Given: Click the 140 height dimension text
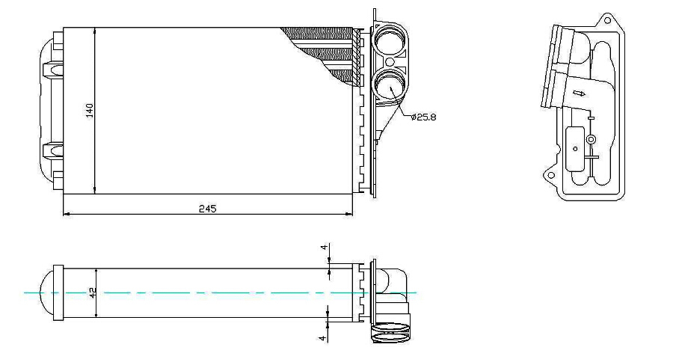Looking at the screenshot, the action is coord(90,111).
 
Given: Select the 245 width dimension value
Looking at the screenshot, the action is coord(207,209).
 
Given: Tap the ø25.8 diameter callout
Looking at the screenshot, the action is coord(424,117).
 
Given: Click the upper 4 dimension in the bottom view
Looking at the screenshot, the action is coord(324,248).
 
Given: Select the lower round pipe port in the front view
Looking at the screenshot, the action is coord(390,85).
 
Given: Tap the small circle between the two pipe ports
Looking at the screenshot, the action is coord(390,62).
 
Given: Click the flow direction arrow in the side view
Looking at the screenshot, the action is coord(579,93).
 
